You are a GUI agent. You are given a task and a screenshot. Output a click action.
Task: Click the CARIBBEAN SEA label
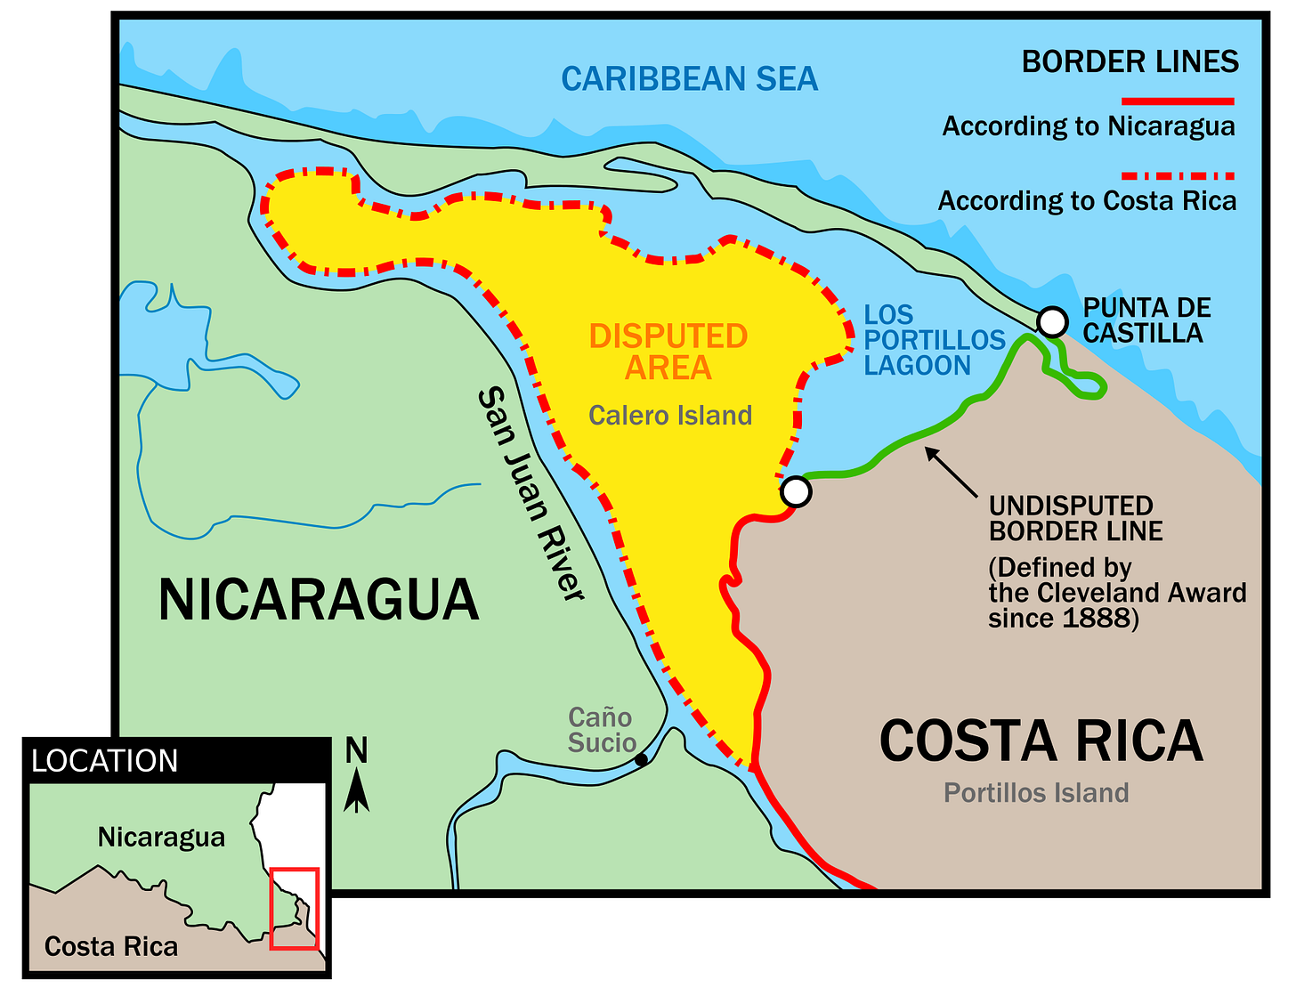tap(689, 79)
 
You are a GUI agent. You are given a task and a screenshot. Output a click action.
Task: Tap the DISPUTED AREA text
tap(668, 352)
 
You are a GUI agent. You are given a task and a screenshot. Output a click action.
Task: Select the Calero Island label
tap(670, 416)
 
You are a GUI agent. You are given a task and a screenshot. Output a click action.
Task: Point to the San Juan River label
tap(531, 495)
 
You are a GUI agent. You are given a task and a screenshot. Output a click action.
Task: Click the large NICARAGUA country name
tap(319, 600)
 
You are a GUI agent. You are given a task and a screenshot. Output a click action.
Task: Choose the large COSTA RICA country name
tap(1041, 741)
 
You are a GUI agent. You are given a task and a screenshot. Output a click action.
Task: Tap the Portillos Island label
tap(1036, 793)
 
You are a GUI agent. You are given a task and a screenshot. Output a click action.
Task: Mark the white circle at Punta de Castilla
tap(1052, 321)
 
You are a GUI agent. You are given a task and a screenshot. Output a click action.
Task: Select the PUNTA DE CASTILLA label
tap(1146, 320)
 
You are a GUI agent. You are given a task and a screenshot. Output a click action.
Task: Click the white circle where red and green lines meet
tap(796, 491)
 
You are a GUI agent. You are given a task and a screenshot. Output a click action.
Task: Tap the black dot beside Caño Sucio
tap(641, 760)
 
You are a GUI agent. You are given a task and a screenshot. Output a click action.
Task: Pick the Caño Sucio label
tap(602, 730)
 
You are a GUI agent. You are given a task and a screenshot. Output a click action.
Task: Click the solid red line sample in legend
tap(1177, 101)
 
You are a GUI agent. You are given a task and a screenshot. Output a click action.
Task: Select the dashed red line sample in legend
tap(1177, 176)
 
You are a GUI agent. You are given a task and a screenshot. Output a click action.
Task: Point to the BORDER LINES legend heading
tap(1130, 62)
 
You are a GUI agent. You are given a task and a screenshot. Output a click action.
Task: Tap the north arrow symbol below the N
tap(357, 791)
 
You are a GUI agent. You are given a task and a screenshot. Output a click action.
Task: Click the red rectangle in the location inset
tap(295, 909)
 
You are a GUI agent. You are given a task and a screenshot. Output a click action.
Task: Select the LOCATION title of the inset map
tap(105, 762)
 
